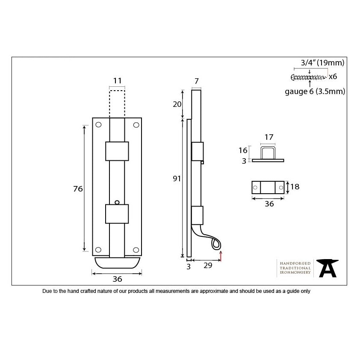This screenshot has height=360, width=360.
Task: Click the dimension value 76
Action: [x=78, y=189]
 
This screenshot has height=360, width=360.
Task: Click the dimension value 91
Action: [x=177, y=179]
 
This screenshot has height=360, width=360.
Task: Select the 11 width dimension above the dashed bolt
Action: [x=117, y=81]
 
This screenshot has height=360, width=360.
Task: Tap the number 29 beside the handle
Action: [x=208, y=266]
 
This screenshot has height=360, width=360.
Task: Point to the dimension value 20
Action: [x=177, y=104]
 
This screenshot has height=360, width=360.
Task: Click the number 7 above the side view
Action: [x=197, y=81]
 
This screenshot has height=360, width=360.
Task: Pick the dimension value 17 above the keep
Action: [x=269, y=137]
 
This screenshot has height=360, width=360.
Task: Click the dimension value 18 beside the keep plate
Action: [x=295, y=187]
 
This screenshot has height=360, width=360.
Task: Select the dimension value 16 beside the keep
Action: [x=243, y=150]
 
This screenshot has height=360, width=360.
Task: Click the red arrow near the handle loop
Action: [x=221, y=256]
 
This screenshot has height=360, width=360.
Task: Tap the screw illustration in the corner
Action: [x=309, y=77]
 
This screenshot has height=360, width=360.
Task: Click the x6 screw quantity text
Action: [x=333, y=77]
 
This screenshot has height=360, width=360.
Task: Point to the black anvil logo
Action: [x=327, y=269]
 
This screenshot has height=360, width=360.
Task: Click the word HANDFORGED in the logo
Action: [x=295, y=263]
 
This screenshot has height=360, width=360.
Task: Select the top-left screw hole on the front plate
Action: [x=98, y=125]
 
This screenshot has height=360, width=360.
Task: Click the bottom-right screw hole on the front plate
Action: [x=136, y=250]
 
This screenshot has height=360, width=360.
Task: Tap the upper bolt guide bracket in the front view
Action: [x=117, y=151]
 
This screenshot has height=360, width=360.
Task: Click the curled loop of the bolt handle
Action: [x=216, y=245]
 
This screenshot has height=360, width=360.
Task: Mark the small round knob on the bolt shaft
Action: [x=117, y=202]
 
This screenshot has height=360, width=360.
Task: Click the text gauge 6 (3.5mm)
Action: [x=315, y=91]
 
